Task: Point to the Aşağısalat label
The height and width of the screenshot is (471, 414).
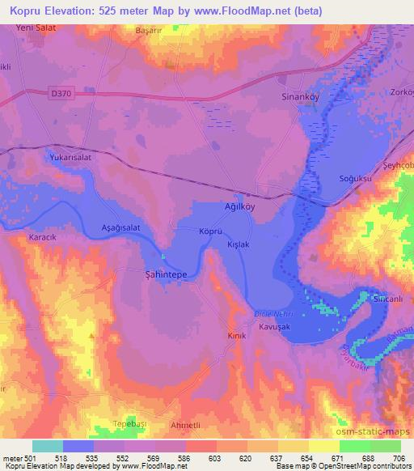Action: click(x=121, y=228)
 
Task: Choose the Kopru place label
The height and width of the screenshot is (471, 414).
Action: click(x=210, y=231)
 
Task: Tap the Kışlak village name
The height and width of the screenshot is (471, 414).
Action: click(x=238, y=244)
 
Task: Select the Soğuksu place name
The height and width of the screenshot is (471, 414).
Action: click(x=351, y=178)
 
